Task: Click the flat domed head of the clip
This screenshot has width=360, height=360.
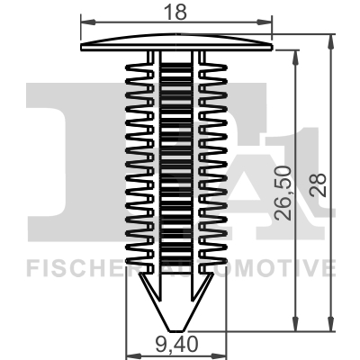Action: (175, 43)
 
